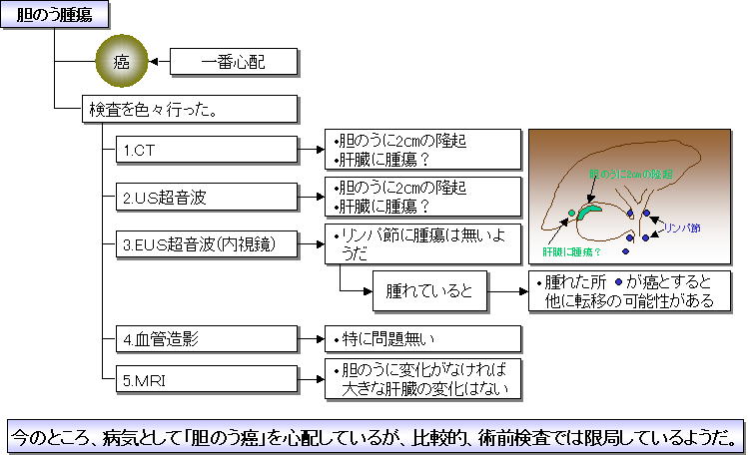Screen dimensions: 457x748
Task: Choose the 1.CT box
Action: click(206, 150)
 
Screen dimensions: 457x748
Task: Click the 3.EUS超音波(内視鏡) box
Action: click(206, 241)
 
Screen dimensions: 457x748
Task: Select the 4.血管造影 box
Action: click(206, 338)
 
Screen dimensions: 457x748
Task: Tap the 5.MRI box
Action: click(206, 379)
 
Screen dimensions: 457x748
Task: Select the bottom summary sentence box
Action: click(374, 436)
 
